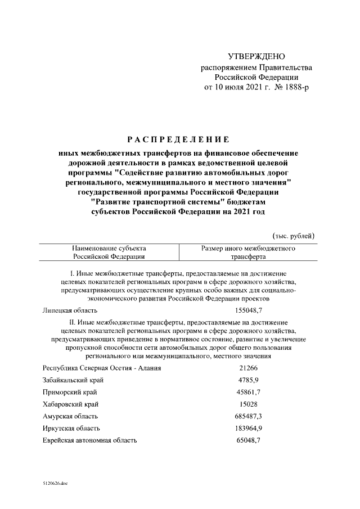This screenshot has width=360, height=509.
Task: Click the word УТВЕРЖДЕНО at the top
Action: click(256, 57)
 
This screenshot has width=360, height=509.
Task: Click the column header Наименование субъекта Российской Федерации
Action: click(109, 252)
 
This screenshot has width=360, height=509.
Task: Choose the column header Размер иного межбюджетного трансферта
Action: click(249, 252)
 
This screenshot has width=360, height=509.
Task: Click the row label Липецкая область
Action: click(70, 310)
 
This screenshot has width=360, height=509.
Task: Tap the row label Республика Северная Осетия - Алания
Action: click(102, 368)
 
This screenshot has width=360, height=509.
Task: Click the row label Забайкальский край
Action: click(73, 380)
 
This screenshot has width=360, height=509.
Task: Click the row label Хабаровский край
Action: click(70, 404)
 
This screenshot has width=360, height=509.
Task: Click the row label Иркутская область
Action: click(70, 429)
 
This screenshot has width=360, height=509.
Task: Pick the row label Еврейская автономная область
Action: click(89, 440)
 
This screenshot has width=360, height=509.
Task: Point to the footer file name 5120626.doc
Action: click(55, 484)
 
